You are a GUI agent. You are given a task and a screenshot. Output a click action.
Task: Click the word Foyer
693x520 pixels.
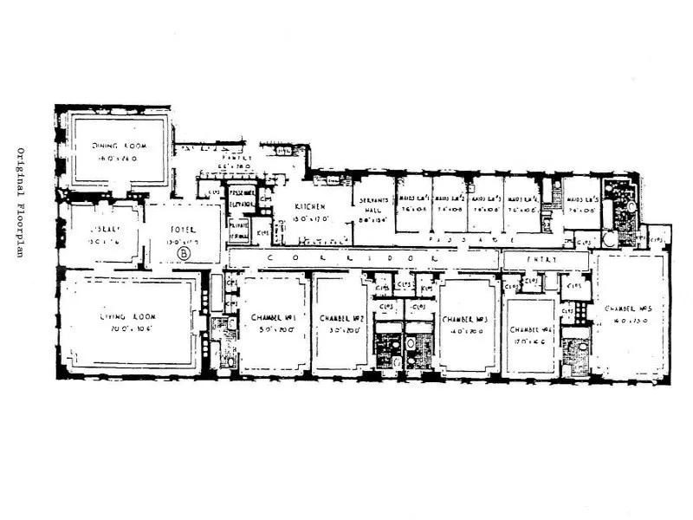point(182,231)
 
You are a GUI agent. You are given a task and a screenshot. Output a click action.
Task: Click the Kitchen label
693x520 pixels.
point(308,208)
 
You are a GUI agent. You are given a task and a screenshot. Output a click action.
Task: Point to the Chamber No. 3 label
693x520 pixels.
point(466,318)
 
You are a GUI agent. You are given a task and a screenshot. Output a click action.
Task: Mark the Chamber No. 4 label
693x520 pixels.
point(530,329)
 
